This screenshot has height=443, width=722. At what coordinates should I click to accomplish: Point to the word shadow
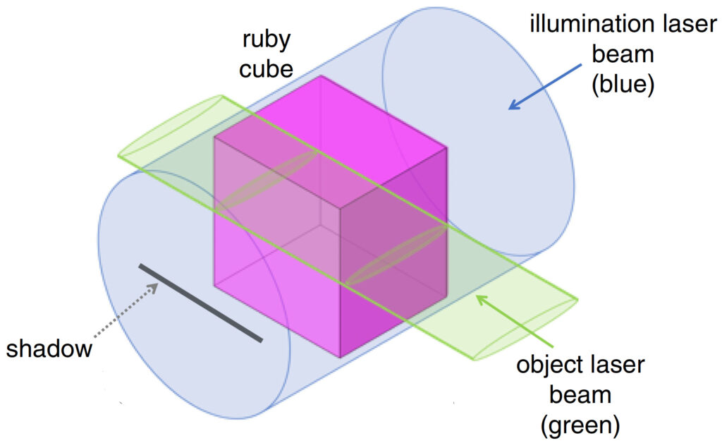click(x=49, y=348)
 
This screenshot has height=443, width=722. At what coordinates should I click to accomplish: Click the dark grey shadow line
click(x=201, y=303)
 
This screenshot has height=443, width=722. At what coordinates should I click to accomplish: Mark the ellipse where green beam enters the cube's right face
click(x=394, y=255)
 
